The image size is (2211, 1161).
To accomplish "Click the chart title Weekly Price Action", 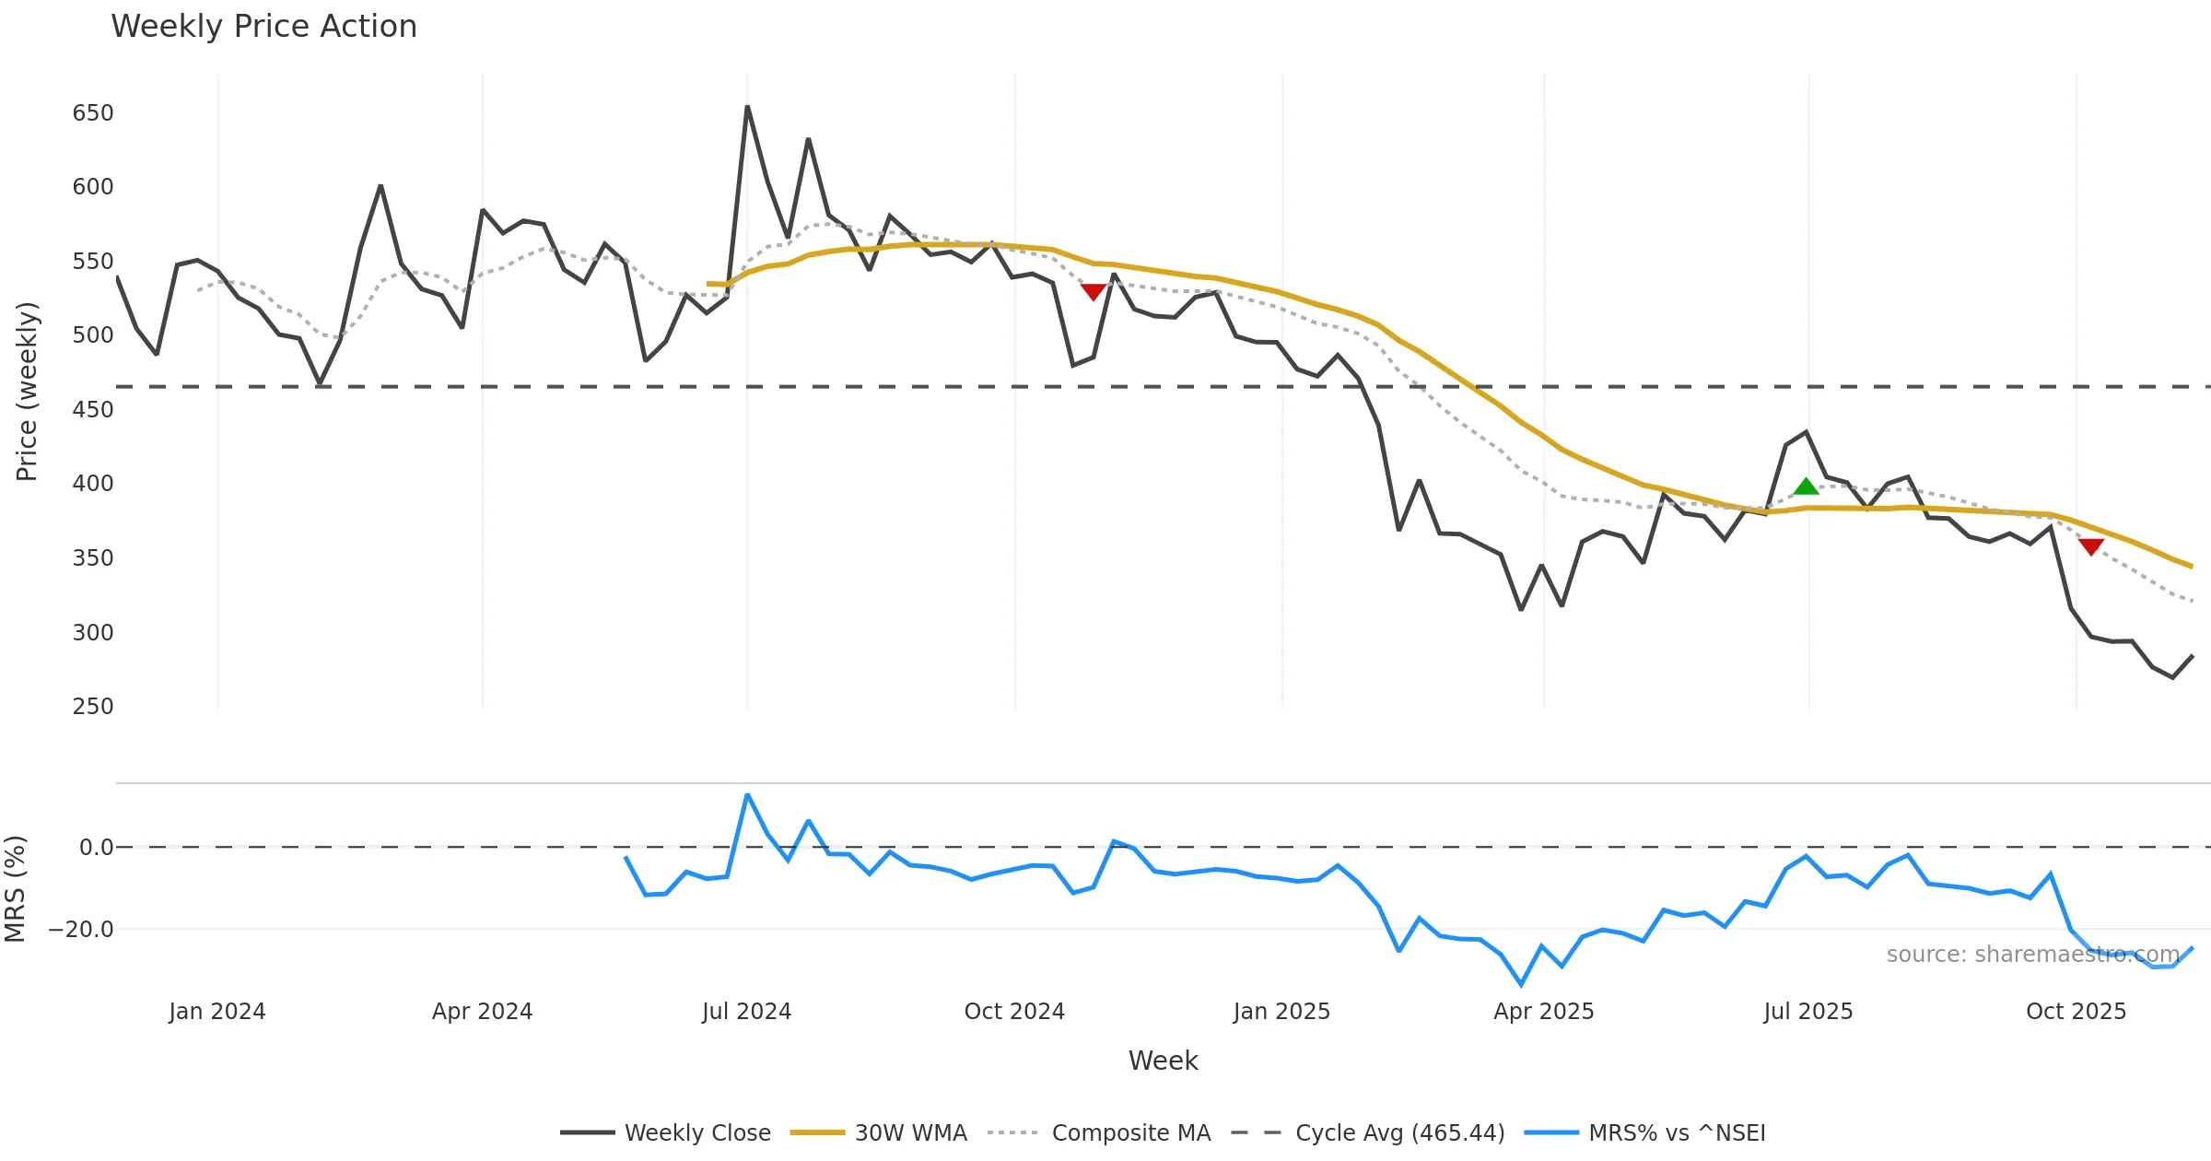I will click(263, 27).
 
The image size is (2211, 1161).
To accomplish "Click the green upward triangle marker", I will click(1806, 487).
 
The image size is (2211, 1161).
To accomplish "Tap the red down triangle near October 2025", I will click(2091, 546).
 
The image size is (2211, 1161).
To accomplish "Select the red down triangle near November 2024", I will click(1093, 292).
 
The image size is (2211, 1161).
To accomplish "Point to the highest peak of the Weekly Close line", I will click(747, 107).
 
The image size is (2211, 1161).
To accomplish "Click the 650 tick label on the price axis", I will click(93, 113).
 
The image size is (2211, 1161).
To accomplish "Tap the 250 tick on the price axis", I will click(93, 707).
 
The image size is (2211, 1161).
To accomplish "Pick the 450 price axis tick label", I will click(93, 410).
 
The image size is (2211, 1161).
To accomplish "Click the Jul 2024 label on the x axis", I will click(746, 1012).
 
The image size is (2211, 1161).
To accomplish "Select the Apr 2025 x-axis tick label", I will click(1543, 1012).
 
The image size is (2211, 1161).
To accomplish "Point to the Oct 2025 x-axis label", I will click(2076, 1012).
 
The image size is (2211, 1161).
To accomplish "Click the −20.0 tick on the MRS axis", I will click(81, 930).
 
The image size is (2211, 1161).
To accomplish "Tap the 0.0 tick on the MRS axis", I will click(96, 848).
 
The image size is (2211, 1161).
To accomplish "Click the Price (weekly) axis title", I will click(27, 392).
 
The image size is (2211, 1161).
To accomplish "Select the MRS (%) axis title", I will click(16, 889).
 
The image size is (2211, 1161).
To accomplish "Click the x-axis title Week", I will click(1163, 1061).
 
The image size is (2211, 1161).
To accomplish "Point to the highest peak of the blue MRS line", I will click(747, 794).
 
